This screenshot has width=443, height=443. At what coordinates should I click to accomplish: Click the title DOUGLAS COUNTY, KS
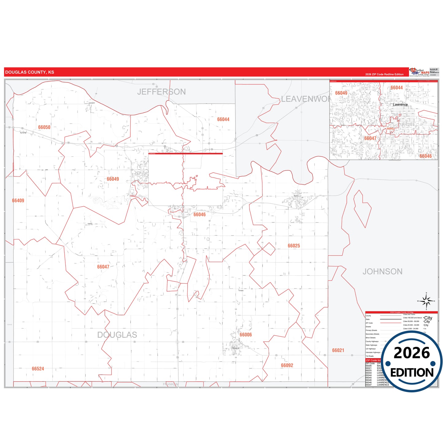[29, 72]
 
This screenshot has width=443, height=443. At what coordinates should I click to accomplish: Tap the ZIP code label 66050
[44, 127]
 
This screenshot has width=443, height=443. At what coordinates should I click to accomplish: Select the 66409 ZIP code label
[18, 200]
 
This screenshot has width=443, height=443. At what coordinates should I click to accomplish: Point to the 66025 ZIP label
[294, 246]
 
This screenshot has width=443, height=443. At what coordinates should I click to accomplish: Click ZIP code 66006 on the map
[246, 334]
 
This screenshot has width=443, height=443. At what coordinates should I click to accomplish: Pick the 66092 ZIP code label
[287, 365]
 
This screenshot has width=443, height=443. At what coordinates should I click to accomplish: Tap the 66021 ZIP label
[338, 350]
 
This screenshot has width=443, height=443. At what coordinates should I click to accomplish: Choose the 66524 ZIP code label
[38, 369]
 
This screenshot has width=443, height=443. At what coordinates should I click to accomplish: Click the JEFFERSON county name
[161, 92]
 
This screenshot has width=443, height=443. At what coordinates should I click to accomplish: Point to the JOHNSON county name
[382, 271]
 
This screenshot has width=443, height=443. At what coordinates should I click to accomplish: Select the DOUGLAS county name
[117, 334]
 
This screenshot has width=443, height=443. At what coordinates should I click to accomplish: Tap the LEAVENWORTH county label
[305, 99]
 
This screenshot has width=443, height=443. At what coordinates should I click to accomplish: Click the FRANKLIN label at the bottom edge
[170, 384]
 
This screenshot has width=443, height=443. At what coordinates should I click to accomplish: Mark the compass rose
[426, 301]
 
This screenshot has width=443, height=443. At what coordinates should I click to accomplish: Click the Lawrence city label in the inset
[400, 105]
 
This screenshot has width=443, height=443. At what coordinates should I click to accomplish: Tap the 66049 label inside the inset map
[341, 93]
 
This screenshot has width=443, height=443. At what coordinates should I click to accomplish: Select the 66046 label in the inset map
[426, 156]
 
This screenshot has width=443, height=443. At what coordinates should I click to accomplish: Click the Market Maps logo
[419, 72]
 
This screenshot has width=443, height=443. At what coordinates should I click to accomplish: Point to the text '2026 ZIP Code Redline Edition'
[384, 74]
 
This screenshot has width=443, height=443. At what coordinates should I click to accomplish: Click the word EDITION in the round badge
[412, 372]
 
